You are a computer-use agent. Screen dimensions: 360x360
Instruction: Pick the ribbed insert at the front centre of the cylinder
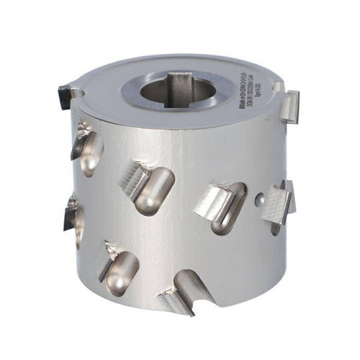(x=135, y=179)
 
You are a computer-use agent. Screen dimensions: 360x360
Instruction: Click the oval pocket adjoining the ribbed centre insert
(x=156, y=190)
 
